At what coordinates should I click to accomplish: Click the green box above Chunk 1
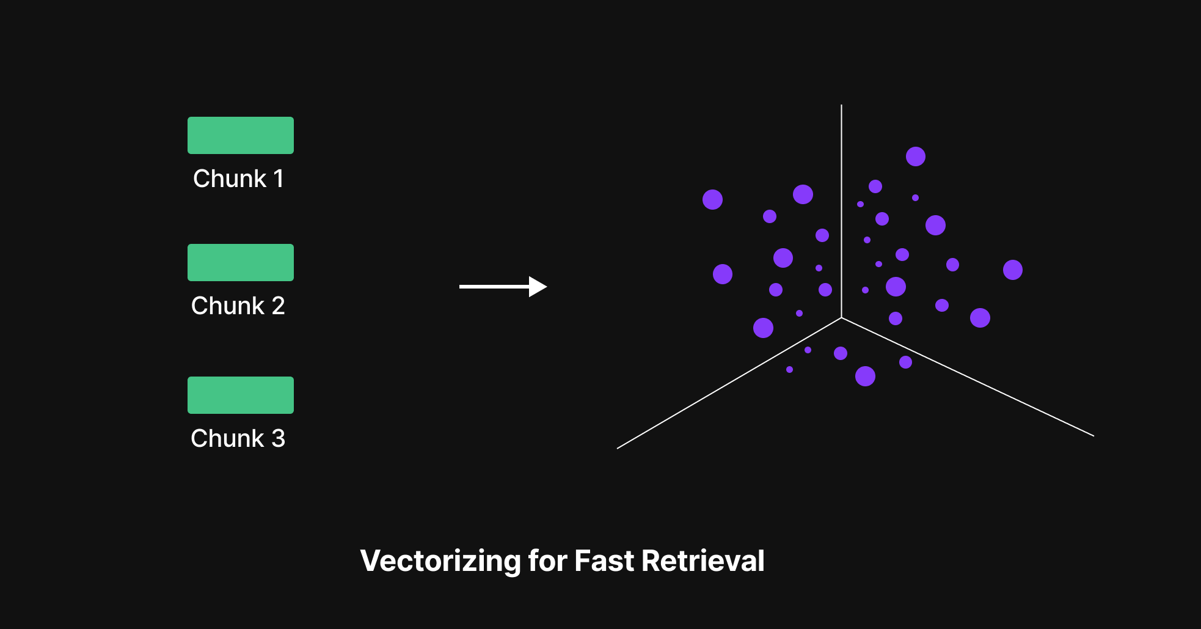click(240, 135)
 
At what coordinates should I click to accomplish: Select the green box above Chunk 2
click(240, 262)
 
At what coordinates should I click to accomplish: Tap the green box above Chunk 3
click(240, 395)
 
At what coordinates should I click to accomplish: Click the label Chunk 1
click(238, 178)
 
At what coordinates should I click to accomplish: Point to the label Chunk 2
click(238, 306)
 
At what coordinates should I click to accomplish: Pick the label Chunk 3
click(238, 438)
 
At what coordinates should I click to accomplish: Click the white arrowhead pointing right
click(537, 286)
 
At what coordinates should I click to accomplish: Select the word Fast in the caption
click(604, 561)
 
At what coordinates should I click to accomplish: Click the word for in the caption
click(547, 561)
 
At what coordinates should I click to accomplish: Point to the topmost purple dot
click(915, 156)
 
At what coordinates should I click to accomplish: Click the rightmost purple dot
click(1012, 270)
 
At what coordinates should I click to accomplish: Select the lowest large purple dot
click(865, 376)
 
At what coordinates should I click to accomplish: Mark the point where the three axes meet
click(841, 318)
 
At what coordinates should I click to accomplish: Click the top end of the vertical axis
click(841, 106)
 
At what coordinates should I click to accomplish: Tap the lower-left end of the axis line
click(618, 448)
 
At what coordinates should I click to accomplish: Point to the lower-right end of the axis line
click(1092, 435)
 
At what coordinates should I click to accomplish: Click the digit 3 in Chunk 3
click(278, 438)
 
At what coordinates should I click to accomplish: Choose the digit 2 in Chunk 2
click(278, 306)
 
